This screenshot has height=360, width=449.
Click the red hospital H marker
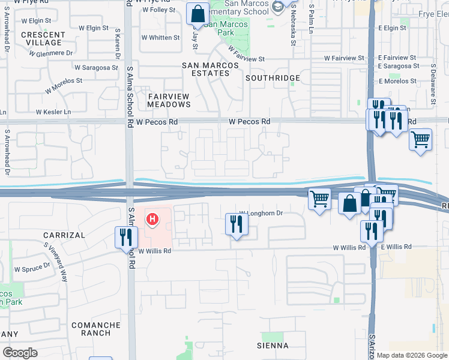tap(152, 220)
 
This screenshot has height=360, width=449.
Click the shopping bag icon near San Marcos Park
tap(197, 13)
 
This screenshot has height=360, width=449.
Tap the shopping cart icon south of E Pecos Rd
tap(421, 139)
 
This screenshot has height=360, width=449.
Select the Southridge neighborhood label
tap(273, 78)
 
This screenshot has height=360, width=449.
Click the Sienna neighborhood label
tap(273, 346)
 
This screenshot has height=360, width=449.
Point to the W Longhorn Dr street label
tap(261, 213)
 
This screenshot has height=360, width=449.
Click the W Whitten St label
tap(160, 37)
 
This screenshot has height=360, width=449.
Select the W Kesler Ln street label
tap(53, 112)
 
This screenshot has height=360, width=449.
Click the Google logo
tap(20, 353)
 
